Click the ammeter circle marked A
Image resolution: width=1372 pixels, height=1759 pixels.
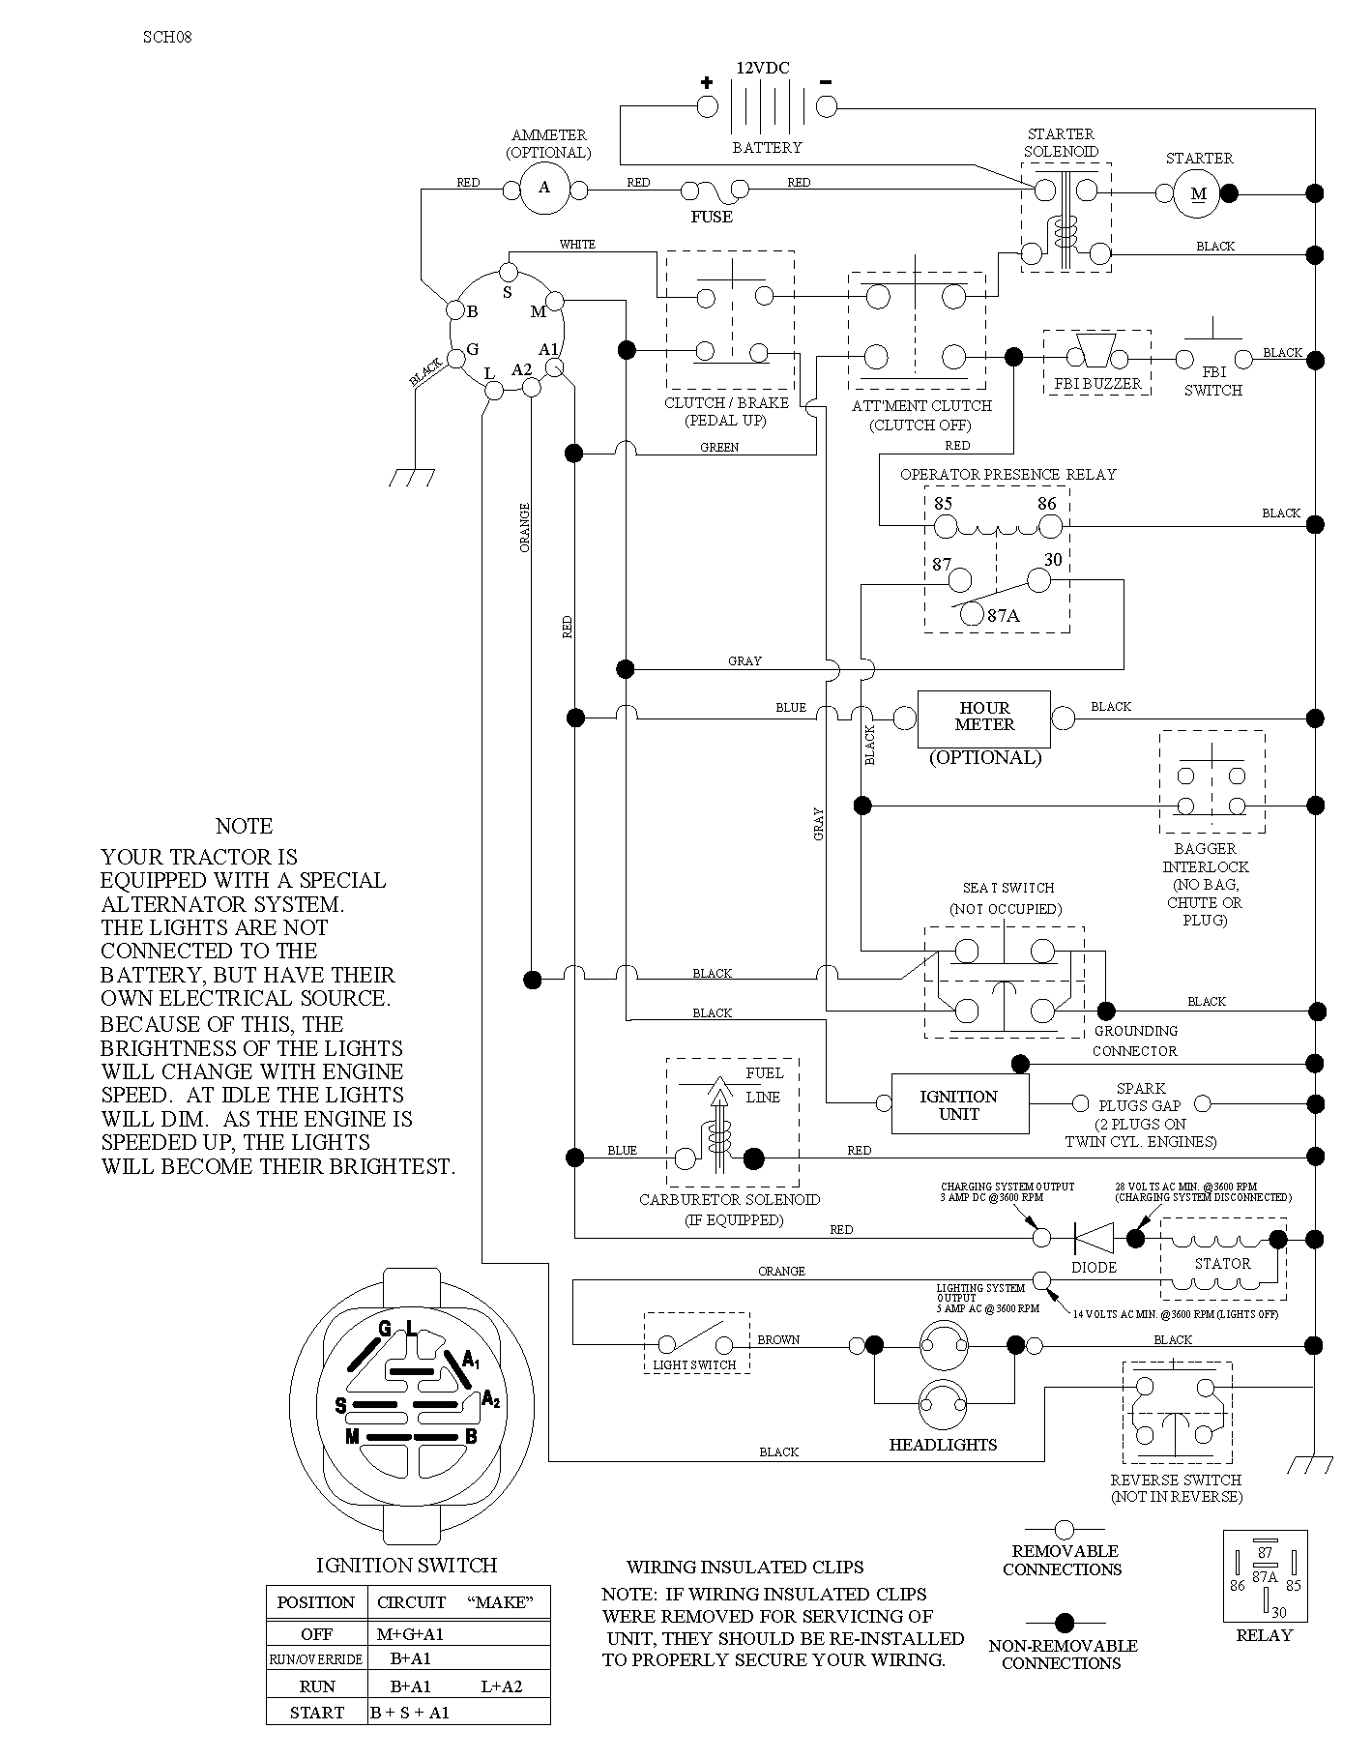[x=544, y=188]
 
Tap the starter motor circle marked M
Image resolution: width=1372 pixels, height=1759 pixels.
[x=1198, y=193]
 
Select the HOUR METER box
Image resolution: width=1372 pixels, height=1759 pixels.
[x=984, y=718]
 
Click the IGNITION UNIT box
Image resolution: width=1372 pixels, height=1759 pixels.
[x=959, y=1104]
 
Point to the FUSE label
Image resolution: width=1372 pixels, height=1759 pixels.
[x=712, y=217]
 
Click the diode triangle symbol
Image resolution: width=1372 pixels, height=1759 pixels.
[x=1094, y=1237]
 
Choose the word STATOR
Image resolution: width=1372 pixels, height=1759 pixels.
[x=1223, y=1263]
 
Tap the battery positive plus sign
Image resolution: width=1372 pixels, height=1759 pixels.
[x=707, y=82]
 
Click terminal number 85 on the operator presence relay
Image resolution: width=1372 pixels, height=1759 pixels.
[x=943, y=504]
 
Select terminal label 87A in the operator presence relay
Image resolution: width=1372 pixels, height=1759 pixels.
[x=1004, y=615]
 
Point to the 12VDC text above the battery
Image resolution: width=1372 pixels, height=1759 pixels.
[x=763, y=68]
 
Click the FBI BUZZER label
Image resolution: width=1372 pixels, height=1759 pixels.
[x=1097, y=384]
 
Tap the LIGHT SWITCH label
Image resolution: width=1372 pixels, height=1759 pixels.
[x=694, y=1364]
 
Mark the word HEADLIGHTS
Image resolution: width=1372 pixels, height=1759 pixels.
[x=943, y=1445]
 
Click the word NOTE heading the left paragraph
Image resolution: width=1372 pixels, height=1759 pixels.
[x=244, y=826]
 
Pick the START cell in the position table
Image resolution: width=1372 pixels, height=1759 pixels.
[x=316, y=1713]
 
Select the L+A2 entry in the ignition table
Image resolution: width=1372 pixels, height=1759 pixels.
[x=501, y=1686]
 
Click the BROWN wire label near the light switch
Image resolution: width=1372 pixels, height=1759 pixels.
[x=778, y=1339]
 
